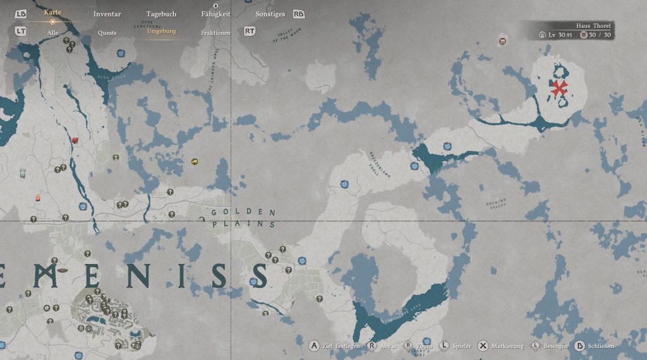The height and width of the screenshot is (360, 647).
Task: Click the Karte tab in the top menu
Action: pyautogui.click(x=52, y=13)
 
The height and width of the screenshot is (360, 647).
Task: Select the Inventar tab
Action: pyautogui.click(x=107, y=14)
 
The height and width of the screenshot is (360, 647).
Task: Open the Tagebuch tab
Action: pyautogui.click(x=161, y=14)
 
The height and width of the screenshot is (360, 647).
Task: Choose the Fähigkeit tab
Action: pyautogui.click(x=216, y=14)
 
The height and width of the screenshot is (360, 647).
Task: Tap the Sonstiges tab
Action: pyautogui.click(x=270, y=14)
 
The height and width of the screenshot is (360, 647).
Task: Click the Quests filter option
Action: pyautogui.click(x=107, y=32)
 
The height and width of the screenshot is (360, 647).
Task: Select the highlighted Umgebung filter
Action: pyautogui.click(x=162, y=32)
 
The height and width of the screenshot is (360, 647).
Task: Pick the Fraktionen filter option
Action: pyautogui.click(x=215, y=32)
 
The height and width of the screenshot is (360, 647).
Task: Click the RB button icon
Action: pyautogui.click(x=299, y=14)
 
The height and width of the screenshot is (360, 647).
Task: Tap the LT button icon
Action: pyautogui.click(x=21, y=30)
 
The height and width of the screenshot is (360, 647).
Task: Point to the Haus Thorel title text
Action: pyautogui.click(x=593, y=26)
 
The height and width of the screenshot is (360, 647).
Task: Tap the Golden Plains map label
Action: pyautogui.click(x=244, y=218)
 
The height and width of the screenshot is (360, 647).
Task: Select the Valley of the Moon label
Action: pyautogui.click(x=288, y=37)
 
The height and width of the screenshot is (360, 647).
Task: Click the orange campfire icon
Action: pyautogui.click(x=37, y=198)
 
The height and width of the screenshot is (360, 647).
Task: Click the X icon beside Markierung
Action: pyautogui.click(x=483, y=346)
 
